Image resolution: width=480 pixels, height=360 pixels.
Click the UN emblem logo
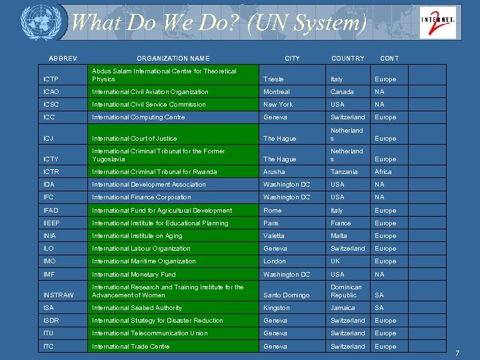(36, 23)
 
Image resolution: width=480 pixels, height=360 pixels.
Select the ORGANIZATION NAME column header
(173, 59)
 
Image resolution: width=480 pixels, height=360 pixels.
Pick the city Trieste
(273, 79)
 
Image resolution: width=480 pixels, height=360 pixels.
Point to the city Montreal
(277, 92)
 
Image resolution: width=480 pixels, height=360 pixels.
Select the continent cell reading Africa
(383, 172)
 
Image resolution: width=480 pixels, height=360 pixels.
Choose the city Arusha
(275, 172)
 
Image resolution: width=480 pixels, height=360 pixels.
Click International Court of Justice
(135, 139)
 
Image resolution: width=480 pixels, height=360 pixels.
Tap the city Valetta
(274, 236)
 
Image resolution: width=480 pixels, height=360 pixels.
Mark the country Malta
(339, 236)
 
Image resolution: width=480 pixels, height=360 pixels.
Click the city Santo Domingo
(287, 295)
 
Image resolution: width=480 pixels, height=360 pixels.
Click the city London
(275, 261)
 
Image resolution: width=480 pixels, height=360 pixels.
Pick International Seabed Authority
(137, 308)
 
